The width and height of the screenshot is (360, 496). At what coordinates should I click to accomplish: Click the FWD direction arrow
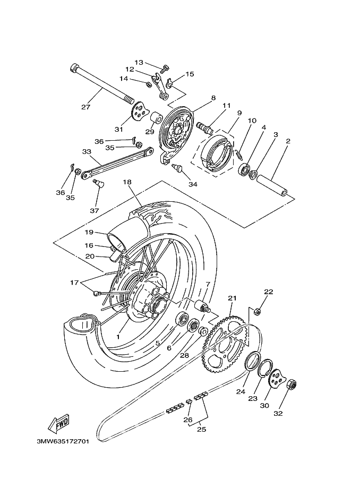(x=58, y=424)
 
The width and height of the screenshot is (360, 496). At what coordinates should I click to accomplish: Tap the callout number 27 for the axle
(x=85, y=107)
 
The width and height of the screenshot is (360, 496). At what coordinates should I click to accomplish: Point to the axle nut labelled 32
(x=292, y=385)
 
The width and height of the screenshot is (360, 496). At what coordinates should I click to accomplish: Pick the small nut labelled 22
(x=258, y=312)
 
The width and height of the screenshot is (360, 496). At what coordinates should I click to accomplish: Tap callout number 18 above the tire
(x=127, y=182)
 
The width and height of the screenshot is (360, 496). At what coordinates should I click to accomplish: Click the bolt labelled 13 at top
(x=166, y=68)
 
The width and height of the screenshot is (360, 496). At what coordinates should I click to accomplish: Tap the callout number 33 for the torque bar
(x=87, y=152)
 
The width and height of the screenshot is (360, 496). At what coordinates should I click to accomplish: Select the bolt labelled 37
(x=98, y=183)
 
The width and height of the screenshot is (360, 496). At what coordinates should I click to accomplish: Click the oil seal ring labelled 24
(x=252, y=360)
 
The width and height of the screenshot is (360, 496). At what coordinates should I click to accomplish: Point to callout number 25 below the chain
(x=202, y=429)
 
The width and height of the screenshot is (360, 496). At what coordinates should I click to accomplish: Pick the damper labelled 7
(x=202, y=306)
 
